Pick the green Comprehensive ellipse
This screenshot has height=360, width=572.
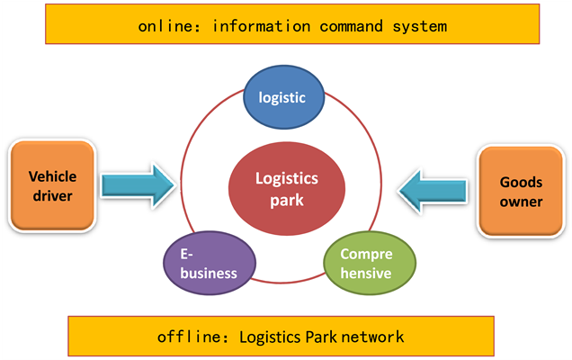[370, 265]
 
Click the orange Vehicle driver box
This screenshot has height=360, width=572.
[52, 185]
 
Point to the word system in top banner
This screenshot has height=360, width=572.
[422, 25]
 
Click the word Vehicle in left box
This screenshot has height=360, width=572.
[52, 176]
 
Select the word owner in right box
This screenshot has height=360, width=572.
[521, 202]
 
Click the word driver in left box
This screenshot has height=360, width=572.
[52, 195]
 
